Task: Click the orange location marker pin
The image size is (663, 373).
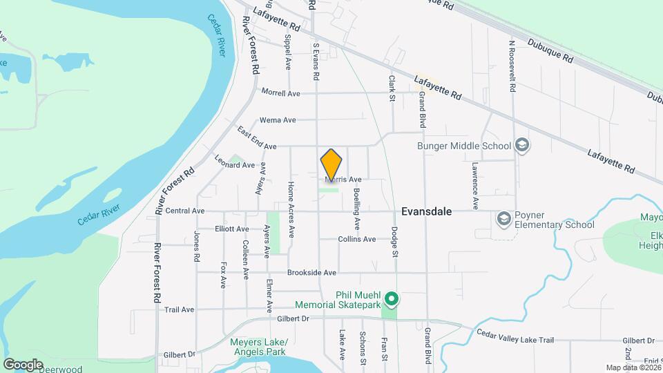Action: point(331,164)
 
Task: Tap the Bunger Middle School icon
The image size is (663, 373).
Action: point(523,145)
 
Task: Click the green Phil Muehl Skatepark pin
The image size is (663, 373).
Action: point(392,299)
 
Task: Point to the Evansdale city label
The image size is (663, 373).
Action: point(426,212)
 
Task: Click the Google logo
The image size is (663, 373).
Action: point(23,364)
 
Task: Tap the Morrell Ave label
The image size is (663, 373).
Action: point(280,93)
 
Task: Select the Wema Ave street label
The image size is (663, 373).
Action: point(278,120)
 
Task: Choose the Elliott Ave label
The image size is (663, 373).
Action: point(231,229)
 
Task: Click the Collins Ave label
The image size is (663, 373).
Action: point(357,239)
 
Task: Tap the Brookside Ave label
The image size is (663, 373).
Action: point(311,273)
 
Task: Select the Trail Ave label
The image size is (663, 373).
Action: point(179,310)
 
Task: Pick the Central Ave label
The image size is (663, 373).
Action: point(185,211)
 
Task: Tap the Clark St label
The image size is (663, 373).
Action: point(392,88)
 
